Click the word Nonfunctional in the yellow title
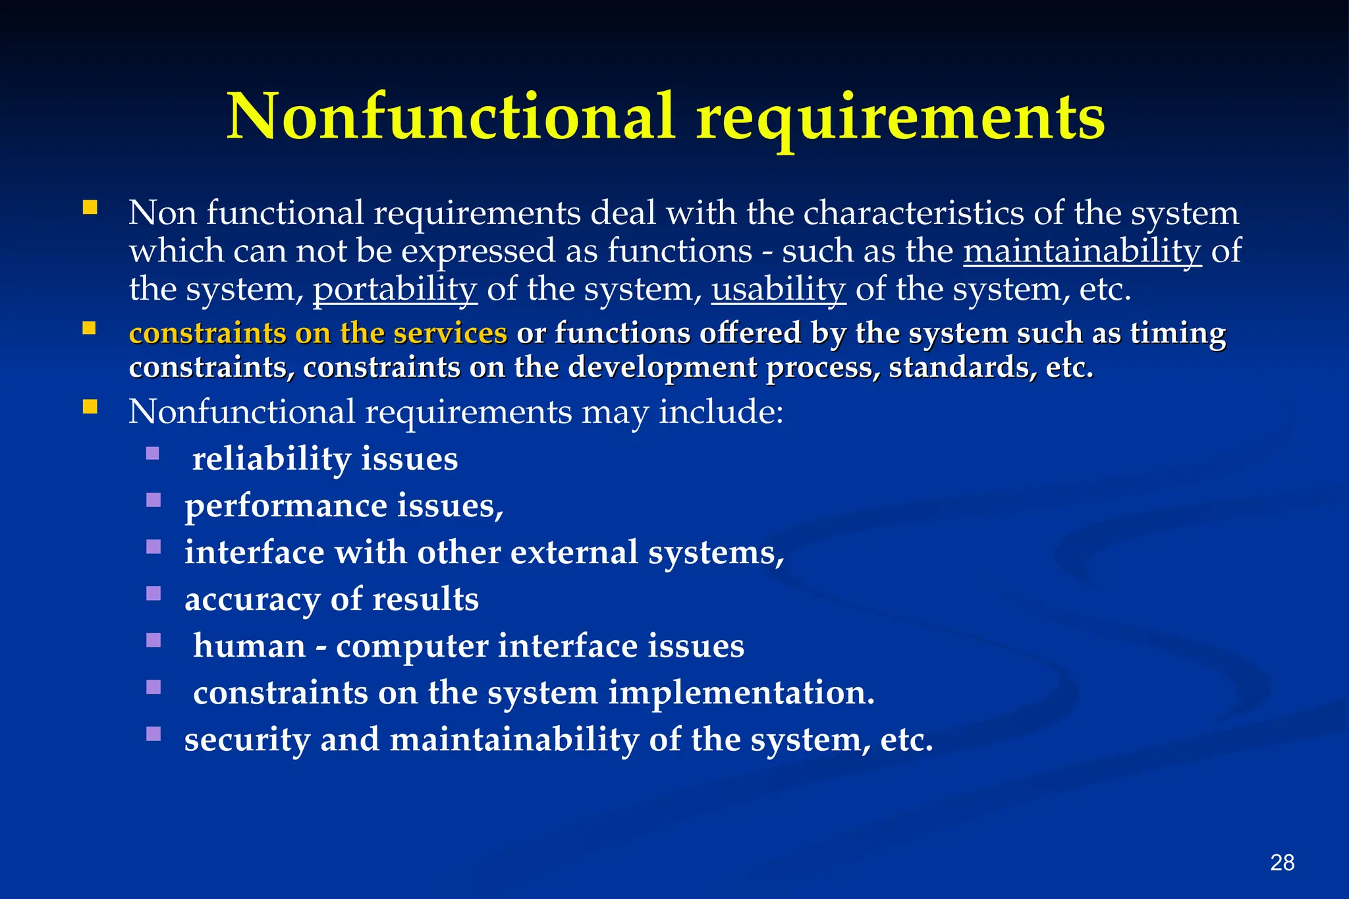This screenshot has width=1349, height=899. (x=451, y=117)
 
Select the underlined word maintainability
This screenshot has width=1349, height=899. (x=1082, y=251)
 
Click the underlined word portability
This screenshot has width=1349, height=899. (x=395, y=289)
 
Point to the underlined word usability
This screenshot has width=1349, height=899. (x=778, y=289)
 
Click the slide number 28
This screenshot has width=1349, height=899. (x=1282, y=862)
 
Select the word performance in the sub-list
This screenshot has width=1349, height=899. (x=286, y=506)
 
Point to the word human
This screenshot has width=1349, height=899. (x=250, y=645)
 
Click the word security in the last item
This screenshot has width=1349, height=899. (x=247, y=739)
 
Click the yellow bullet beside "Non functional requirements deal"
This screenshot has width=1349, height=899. (x=90, y=208)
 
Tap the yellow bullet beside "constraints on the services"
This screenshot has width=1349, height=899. (x=90, y=328)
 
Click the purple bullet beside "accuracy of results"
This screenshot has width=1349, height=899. (x=153, y=593)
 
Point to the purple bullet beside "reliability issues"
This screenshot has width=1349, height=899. (x=153, y=453)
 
